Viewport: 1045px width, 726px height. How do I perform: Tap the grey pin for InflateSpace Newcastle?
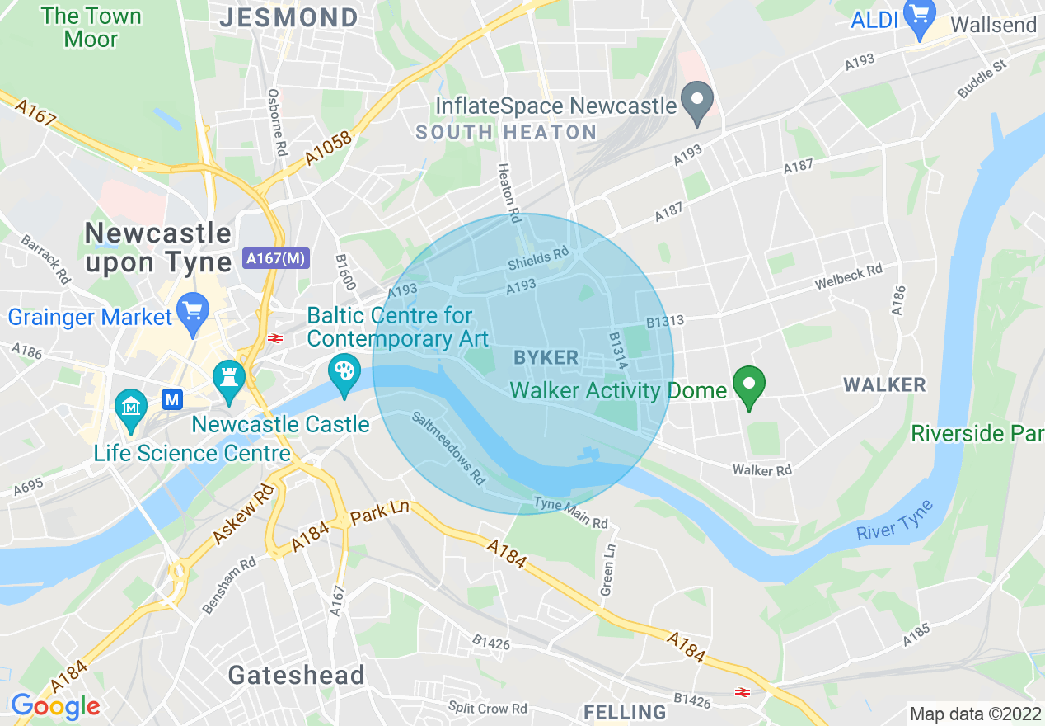(699, 102)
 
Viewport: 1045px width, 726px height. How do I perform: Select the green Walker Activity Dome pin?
(749, 386)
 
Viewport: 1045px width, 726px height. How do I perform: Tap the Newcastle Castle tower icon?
(230, 380)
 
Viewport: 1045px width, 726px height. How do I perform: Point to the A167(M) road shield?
(276, 258)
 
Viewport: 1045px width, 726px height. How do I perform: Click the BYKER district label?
(546, 357)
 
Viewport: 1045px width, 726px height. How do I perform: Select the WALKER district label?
(884, 384)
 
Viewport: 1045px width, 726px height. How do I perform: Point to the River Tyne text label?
(894, 521)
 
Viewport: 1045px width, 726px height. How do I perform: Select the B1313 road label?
(664, 320)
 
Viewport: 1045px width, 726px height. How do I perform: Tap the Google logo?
(55, 706)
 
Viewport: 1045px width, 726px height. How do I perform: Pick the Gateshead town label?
(296, 675)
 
